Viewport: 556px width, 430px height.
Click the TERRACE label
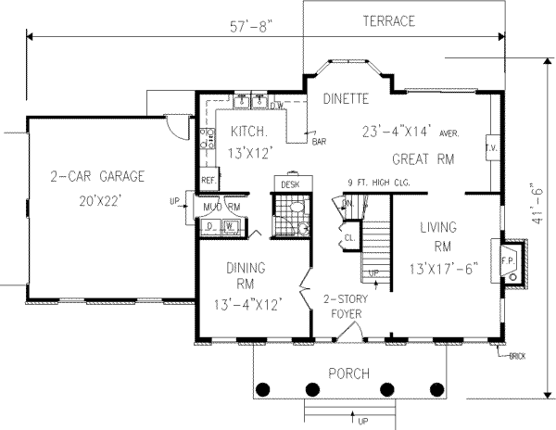pos(389,20)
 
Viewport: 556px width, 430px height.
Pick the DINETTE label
pos(347,97)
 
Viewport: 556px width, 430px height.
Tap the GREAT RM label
pos(423,158)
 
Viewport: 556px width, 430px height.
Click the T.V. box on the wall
pos(491,147)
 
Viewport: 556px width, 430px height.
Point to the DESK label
pos(291,185)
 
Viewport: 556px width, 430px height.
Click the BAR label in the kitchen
pos(319,143)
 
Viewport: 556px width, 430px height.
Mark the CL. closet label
pos(348,236)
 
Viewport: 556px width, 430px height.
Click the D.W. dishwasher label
pos(275,106)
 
